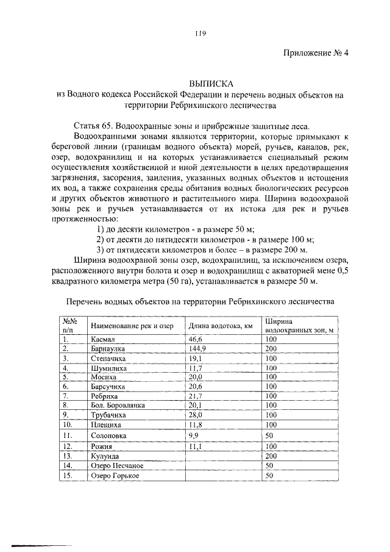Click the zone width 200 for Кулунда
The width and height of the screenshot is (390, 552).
click(x=271, y=456)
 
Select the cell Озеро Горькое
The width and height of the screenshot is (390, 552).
click(x=115, y=475)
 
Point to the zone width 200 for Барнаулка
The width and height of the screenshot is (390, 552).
click(x=271, y=348)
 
